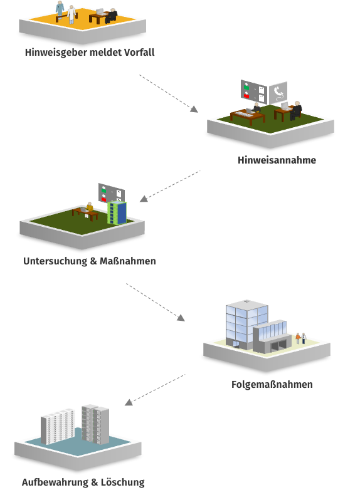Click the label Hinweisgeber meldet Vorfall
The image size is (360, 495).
coord(90,53)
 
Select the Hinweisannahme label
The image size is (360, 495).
coord(277,160)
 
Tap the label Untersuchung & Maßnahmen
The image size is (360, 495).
coord(90,261)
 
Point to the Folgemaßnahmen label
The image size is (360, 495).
coord(272,385)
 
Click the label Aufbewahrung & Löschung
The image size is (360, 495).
coord(83,482)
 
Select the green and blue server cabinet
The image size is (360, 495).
coord(117,213)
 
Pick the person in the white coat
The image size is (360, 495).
coord(72,14)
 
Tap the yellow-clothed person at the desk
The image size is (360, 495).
coord(89,209)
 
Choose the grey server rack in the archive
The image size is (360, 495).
coord(95,424)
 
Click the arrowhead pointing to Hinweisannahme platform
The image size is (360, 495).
coord(194,109)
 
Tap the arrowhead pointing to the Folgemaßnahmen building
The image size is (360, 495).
coord(181,318)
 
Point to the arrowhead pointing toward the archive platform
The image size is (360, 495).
coord(129,402)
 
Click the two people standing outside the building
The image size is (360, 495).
coord(300,338)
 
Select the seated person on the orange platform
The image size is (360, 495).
coord(112,16)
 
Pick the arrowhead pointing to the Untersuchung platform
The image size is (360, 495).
coord(144,199)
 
